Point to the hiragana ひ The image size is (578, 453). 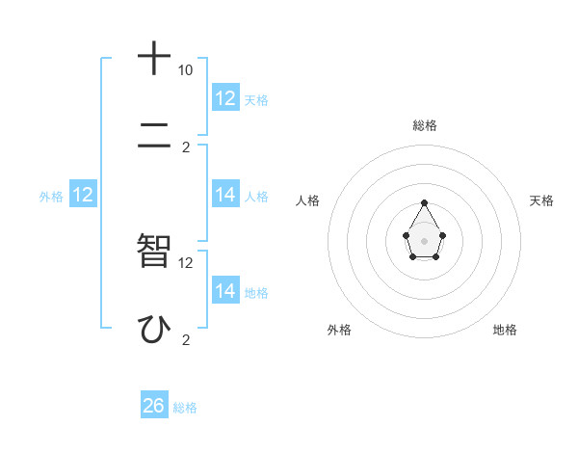point(154,330)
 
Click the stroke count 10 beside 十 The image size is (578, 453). point(185,70)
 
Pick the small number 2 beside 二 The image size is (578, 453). point(186,147)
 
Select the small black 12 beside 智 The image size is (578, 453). point(186,262)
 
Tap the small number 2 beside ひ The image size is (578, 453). point(186,340)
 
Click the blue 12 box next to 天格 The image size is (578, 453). point(225,98)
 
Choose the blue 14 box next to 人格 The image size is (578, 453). point(225,195)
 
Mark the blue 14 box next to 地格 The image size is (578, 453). point(225,291)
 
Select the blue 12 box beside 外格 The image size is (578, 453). point(82,195)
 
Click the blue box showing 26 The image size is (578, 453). point(154,406)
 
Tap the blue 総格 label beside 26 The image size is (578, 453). point(185,408)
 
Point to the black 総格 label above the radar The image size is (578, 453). point(425,125)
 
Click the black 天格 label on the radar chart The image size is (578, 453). point(542,200)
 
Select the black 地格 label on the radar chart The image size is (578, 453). point(505,330)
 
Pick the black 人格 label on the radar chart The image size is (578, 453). point(308,200)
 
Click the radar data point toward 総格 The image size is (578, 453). point(425,203)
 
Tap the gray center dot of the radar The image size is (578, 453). point(425,240)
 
